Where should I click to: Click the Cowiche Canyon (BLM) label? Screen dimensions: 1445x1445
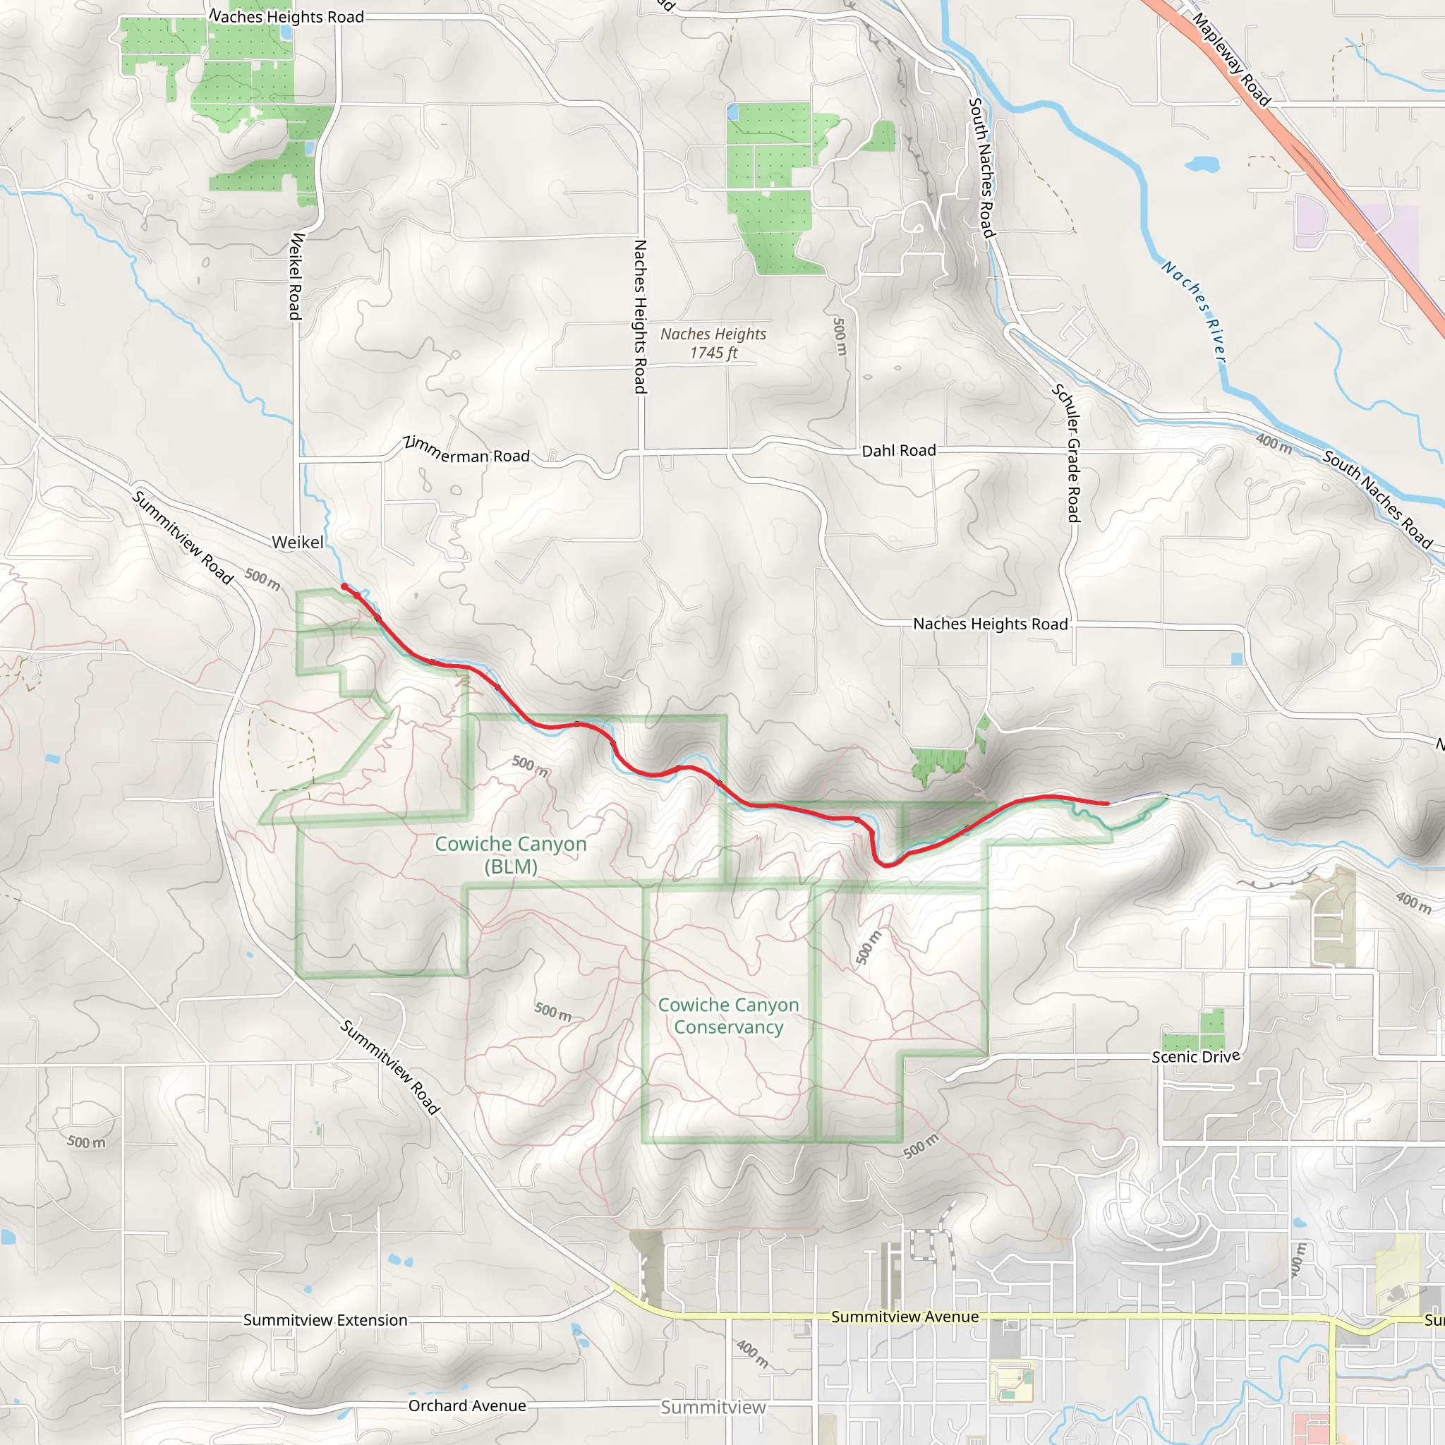pyautogui.click(x=511, y=855)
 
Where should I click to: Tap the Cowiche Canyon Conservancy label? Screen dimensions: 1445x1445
pyautogui.click(x=728, y=1016)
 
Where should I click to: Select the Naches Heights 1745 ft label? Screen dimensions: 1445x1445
pyautogui.click(x=713, y=344)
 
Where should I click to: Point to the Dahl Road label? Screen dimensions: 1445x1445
pyautogui.click(x=898, y=451)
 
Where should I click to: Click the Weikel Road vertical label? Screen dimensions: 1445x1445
pyautogui.click(x=296, y=276)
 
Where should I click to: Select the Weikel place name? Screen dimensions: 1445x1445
pyautogui.click(x=298, y=543)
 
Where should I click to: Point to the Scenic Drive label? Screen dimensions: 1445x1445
pyautogui.click(x=1195, y=1056)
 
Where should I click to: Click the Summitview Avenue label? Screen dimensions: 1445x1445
pyautogui.click(x=905, y=1317)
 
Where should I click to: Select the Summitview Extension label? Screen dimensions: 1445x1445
pyautogui.click(x=325, y=1320)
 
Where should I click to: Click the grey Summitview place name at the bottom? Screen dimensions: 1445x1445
pyautogui.click(x=713, y=1408)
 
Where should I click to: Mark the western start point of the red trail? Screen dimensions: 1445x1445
pyautogui.click(x=344, y=586)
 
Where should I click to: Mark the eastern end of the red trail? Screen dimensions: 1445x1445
pyautogui.click(x=1107, y=803)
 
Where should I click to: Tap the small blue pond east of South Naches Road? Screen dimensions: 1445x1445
pyautogui.click(x=1202, y=163)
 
